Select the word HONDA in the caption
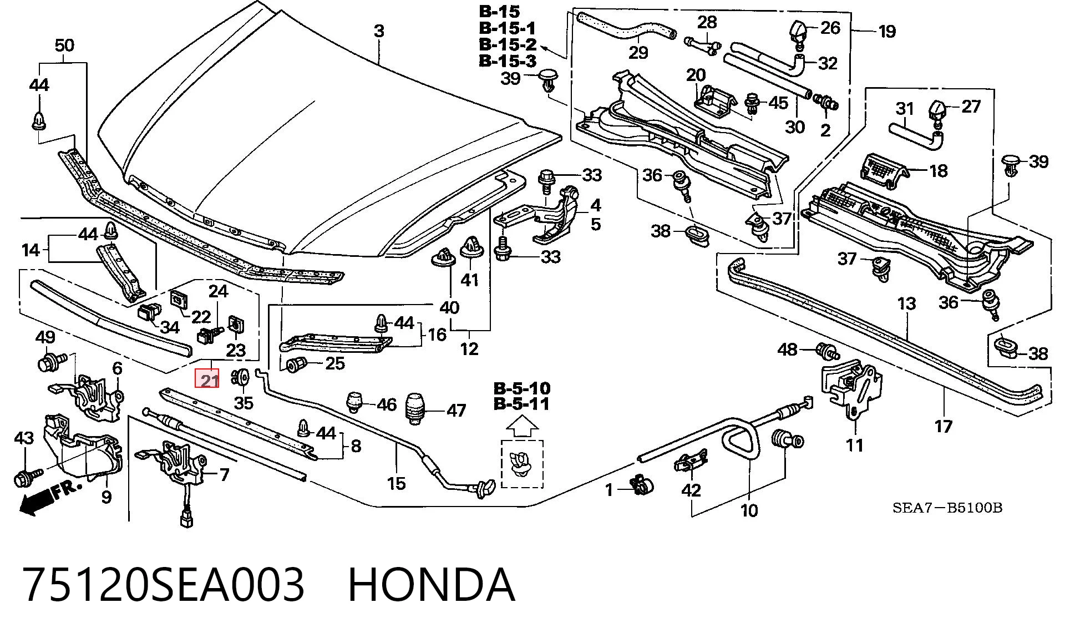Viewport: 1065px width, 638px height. (431, 584)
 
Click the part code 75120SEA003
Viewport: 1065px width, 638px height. (164, 584)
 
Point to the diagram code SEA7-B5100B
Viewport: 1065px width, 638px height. (947, 508)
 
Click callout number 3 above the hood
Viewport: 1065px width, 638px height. (379, 31)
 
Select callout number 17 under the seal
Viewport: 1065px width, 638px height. (944, 426)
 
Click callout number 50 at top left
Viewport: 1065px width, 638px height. (65, 45)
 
